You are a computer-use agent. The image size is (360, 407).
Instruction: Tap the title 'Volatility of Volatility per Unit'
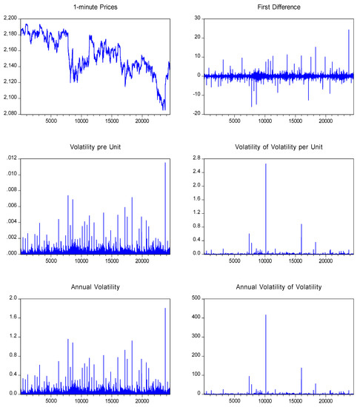pyautogui.click(x=272, y=146)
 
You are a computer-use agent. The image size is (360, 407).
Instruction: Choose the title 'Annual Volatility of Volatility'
pyautogui.click(x=272, y=286)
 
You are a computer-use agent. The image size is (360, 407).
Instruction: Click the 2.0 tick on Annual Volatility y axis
pyautogui.click(x=10, y=298)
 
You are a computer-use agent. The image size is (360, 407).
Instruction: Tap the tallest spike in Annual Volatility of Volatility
pyautogui.click(x=265, y=315)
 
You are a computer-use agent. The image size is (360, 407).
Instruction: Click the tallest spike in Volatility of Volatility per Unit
pyautogui.click(x=265, y=164)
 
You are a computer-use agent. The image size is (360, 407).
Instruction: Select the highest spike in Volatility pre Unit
pyautogui.click(x=165, y=163)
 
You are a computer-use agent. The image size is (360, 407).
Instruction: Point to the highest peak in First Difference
pyautogui.click(x=348, y=30)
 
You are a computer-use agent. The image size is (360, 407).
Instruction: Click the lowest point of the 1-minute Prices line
pyautogui.click(x=164, y=110)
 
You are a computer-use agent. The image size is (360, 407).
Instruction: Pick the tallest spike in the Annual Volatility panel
pyautogui.click(x=165, y=309)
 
